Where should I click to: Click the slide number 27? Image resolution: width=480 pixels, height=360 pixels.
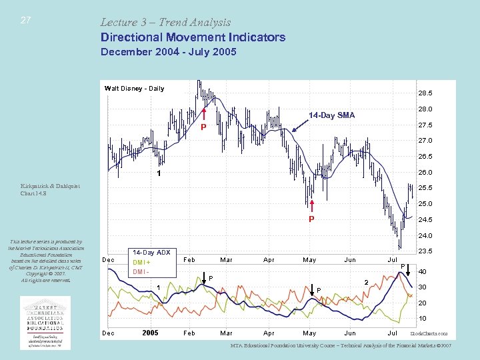(25, 21)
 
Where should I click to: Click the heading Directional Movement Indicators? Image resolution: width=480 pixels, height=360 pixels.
(193, 37)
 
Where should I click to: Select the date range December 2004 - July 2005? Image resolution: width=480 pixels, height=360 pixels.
(168, 52)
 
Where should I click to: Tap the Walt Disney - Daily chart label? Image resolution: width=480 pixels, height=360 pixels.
(134, 88)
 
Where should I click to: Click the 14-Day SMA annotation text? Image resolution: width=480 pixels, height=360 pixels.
(331, 115)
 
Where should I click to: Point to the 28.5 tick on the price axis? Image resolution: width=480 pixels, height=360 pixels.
(424, 93)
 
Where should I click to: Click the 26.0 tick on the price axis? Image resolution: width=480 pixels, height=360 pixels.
(424, 172)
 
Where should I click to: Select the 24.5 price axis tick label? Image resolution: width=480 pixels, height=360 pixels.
(424, 219)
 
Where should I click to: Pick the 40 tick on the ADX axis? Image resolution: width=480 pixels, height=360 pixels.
(422, 271)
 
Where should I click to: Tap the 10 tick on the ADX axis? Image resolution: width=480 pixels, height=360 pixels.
(422, 318)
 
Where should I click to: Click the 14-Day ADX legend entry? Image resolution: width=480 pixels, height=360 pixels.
(151, 253)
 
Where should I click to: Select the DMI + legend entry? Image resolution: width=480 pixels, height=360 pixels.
(142, 262)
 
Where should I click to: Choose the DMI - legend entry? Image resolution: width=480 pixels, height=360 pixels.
(141, 271)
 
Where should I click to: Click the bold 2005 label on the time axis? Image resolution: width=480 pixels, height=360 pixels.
(150, 333)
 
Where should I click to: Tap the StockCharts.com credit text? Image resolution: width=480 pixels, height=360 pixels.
(429, 333)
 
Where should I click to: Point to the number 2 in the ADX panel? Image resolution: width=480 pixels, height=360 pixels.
(366, 283)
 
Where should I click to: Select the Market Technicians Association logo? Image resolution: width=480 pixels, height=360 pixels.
(45, 322)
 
